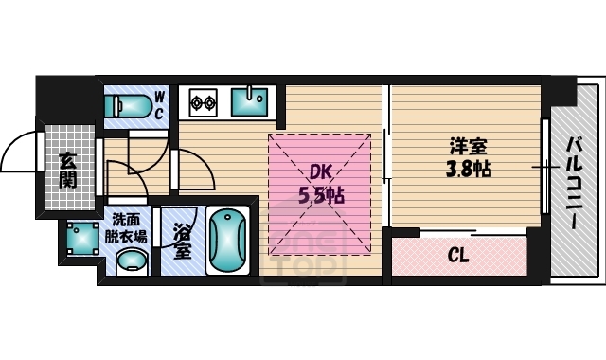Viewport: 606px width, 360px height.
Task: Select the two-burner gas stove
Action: (202, 100)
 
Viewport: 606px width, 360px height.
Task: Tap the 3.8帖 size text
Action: (468, 170)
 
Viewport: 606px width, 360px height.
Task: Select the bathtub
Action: (226, 241)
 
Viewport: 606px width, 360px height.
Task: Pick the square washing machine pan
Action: (83, 241)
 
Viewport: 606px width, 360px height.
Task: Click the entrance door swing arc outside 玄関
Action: (21, 152)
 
